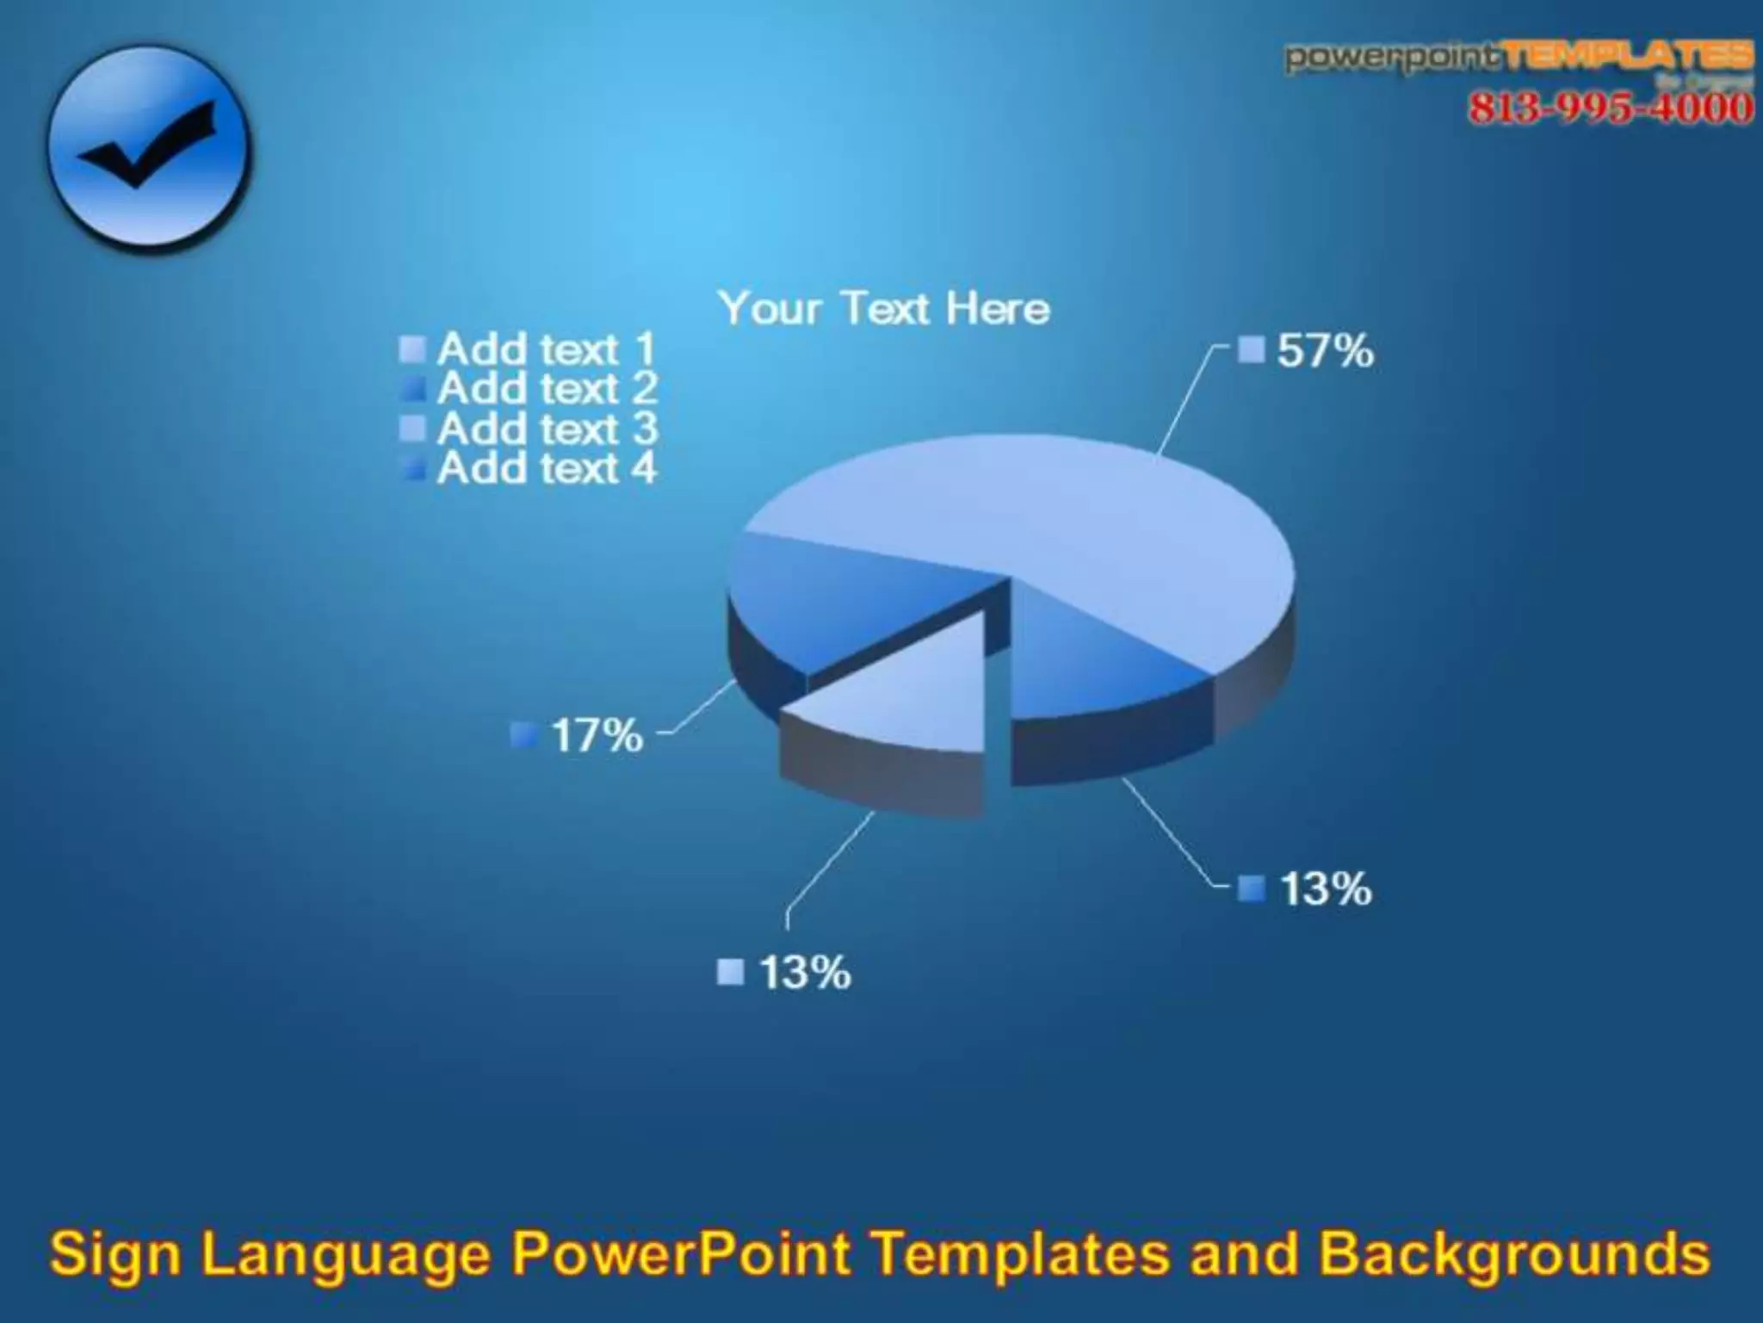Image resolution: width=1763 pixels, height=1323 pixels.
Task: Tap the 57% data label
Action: tap(1324, 351)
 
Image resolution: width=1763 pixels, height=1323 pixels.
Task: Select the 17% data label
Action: tap(597, 736)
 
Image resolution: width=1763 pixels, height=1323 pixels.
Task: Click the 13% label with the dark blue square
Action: tap(1325, 888)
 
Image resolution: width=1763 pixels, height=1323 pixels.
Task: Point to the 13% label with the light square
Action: tap(804, 973)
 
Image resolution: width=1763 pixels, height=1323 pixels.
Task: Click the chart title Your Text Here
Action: tap(884, 308)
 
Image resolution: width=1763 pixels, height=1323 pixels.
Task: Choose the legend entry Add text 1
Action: tap(546, 349)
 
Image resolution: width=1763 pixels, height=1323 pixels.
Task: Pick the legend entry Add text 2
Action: tap(546, 389)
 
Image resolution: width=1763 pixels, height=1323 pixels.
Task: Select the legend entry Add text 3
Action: tap(546, 429)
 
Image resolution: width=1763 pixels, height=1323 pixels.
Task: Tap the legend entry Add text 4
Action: tap(546, 468)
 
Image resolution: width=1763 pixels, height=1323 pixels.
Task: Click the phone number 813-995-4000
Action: tap(1610, 108)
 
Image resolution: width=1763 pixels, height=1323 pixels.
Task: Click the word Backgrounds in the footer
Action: tap(1515, 1254)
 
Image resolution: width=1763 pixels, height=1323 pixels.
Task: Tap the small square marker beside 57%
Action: tap(1251, 350)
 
